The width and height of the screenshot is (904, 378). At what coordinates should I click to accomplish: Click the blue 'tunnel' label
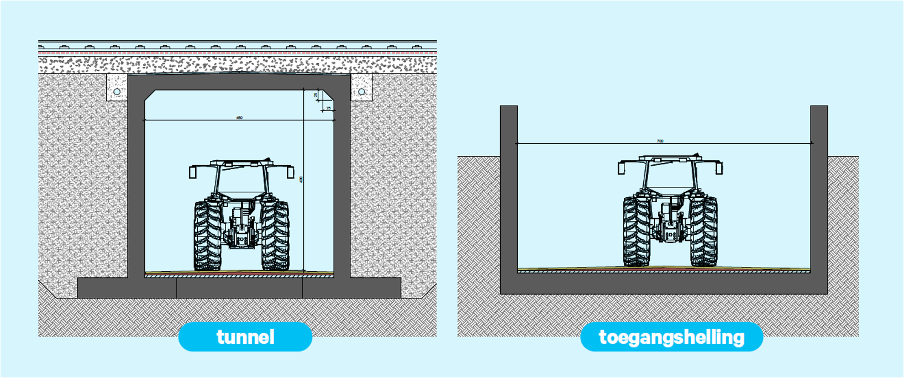coord(245,337)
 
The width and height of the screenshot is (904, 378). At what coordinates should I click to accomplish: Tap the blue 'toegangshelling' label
coord(671,337)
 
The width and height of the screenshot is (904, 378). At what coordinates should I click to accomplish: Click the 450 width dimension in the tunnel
coord(239,118)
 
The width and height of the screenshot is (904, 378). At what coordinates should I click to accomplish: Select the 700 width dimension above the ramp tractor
coord(660,141)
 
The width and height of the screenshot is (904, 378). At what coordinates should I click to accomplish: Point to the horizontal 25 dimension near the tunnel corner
coord(329,108)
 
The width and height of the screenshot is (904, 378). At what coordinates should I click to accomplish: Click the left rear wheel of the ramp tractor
coord(637,231)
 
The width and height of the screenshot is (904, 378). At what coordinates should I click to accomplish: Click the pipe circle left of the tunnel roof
coord(117,92)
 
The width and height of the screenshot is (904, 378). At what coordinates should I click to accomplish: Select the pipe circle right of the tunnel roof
coord(361,92)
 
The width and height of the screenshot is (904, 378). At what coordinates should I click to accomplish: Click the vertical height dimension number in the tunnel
coord(301,180)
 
